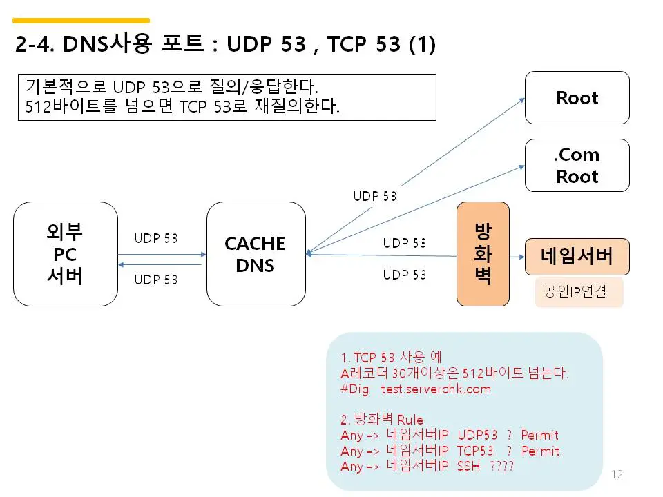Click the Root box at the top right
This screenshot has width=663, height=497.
pyautogui.click(x=577, y=98)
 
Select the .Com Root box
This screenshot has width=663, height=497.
pyautogui.click(x=577, y=166)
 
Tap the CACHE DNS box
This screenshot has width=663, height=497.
pyautogui.click(x=256, y=254)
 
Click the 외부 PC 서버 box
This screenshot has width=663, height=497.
pyautogui.click(x=66, y=254)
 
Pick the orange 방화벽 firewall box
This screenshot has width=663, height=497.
pyautogui.click(x=483, y=254)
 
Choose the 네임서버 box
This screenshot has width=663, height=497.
pyautogui.click(x=577, y=256)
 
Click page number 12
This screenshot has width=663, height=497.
pyautogui.click(x=617, y=474)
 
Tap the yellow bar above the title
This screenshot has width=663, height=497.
pyautogui.click(x=81, y=21)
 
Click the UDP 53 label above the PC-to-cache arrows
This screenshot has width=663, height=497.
pyautogui.click(x=156, y=238)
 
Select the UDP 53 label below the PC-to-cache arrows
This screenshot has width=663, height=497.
pyautogui.click(x=156, y=280)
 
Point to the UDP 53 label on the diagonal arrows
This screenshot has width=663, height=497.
pyautogui.click(x=375, y=196)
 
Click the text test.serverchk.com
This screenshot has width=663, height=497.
pyautogui.click(x=436, y=389)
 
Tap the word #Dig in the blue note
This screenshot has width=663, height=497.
pyautogui.click(x=355, y=389)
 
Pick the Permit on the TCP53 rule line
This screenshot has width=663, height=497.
pyautogui.click(x=540, y=451)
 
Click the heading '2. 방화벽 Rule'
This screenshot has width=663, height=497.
pyautogui.click(x=382, y=420)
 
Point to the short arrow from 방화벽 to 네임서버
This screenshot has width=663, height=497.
pyautogui.click(x=517, y=256)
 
